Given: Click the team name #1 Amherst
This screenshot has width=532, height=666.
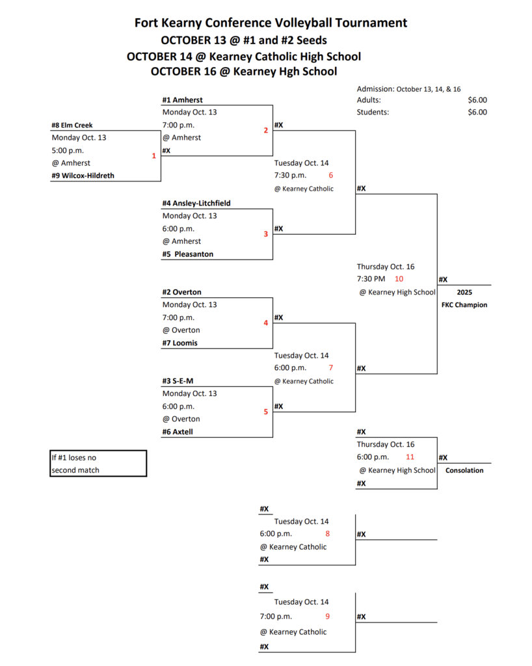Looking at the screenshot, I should tap(182, 100).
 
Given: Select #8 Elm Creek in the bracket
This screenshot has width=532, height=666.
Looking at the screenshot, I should tap(72, 125).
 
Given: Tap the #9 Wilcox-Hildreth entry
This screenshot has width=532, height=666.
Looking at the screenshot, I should tap(83, 176).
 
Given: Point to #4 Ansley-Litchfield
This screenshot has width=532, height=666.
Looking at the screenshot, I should tap(196, 204).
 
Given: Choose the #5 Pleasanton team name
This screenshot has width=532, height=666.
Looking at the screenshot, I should tap(188, 254).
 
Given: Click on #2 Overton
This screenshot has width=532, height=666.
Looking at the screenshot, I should tap(181, 293).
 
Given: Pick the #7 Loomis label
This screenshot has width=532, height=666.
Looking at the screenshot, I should tap(180, 343).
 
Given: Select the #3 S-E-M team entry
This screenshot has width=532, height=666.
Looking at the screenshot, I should tap(178, 381).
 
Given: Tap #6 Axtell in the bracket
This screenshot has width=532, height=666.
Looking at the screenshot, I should tap(178, 432).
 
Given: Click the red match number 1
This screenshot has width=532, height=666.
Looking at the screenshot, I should tap(154, 156).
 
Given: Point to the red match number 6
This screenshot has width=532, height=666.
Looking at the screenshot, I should tap(330, 176).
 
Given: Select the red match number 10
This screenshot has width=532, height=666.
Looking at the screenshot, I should tap(399, 279).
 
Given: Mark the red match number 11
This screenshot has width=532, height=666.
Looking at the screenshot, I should tap(410, 457).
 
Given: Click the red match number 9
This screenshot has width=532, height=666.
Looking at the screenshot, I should tap(328, 617).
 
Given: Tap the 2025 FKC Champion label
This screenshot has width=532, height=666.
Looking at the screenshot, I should tap(464, 299).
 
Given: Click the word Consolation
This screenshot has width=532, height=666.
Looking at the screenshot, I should tap(464, 470).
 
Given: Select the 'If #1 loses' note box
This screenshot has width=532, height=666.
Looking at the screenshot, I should tap(98, 464).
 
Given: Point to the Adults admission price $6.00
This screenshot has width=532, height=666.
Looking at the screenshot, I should tap(477, 100).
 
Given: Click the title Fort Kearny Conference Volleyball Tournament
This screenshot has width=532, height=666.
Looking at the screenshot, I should tap(271, 23).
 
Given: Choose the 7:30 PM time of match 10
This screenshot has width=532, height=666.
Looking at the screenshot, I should tap(371, 279).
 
